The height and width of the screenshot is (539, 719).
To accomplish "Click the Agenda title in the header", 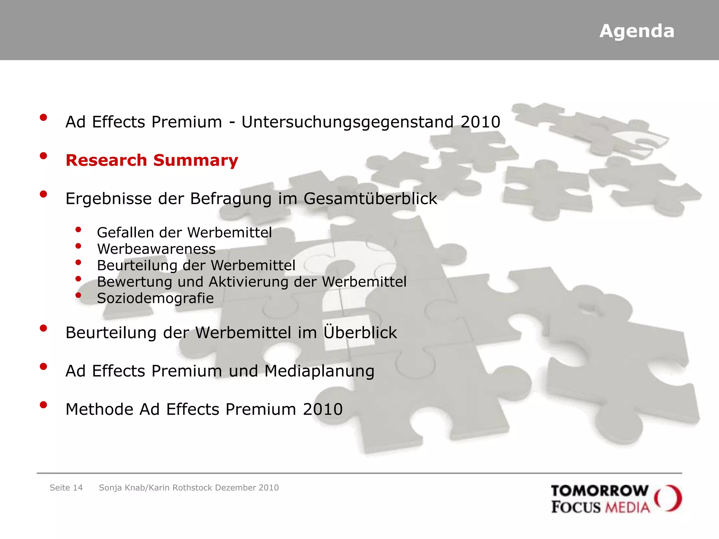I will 636,31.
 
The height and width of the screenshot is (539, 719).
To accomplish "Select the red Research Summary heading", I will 152,160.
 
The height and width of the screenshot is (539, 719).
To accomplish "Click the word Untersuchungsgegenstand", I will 348,122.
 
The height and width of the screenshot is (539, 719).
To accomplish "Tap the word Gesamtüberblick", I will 370,199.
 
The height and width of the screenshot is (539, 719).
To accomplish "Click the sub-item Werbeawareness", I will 156,249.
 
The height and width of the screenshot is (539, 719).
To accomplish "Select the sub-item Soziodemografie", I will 155,298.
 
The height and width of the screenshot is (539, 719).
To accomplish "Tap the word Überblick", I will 360,332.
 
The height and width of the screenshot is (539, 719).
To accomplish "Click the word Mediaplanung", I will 319,371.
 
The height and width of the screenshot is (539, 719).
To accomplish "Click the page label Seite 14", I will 66,488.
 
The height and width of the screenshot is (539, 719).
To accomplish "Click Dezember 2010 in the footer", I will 247,488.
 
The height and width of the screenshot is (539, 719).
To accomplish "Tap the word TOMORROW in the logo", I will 599,491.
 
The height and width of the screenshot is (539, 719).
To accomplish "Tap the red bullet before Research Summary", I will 44,156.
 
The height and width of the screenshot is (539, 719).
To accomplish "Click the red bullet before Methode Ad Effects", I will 44,405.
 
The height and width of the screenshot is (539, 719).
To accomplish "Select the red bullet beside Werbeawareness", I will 78,246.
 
